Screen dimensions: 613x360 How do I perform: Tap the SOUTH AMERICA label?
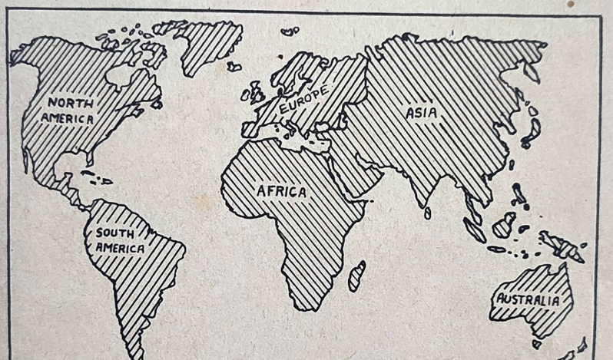click(x=119, y=240)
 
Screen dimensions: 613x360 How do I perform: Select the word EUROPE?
click(x=303, y=101)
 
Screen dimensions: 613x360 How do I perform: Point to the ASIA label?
click(x=422, y=113)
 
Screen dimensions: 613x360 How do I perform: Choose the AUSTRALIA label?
click(x=529, y=300)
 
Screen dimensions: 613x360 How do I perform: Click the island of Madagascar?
click(x=356, y=276)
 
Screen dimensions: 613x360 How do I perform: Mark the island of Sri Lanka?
click(x=428, y=213)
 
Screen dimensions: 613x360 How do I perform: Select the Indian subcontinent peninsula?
click(x=412, y=184)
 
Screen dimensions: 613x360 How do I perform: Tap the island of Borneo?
click(x=504, y=224)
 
